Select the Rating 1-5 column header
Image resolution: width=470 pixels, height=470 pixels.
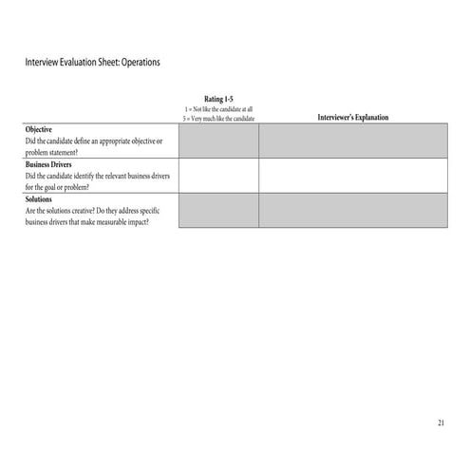(218, 99)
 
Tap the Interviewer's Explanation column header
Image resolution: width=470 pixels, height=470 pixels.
(352, 118)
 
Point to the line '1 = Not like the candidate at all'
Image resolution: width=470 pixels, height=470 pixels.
(218, 109)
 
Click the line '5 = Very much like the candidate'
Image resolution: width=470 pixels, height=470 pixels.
(218, 119)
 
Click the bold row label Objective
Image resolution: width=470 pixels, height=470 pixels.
(39, 129)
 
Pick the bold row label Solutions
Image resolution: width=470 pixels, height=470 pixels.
(40, 199)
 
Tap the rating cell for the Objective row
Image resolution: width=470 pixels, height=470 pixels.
(218, 141)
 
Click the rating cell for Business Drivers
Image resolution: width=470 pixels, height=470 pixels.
(218, 175)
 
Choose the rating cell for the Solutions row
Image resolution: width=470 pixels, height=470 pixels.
(218, 210)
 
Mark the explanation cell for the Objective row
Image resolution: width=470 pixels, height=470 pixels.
(352, 141)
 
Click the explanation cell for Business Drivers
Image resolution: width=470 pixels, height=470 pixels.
(352, 175)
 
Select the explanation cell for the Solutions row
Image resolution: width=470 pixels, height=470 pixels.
(352, 210)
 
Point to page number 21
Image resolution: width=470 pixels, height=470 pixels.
(441, 423)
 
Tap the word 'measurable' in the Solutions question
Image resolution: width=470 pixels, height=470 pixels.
(121, 221)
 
